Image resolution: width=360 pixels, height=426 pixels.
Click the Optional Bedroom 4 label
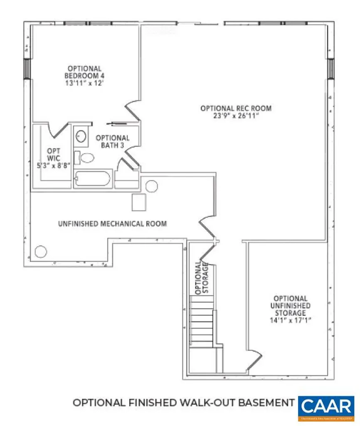click(x=84, y=72)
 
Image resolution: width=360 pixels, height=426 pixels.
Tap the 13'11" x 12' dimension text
click(x=84, y=83)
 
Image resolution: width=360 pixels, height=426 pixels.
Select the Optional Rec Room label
click(x=236, y=108)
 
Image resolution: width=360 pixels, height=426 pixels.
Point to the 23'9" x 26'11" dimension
click(x=236, y=116)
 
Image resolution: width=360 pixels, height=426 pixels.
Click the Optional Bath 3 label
click(x=112, y=141)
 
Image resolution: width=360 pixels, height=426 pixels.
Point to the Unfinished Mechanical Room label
click(x=112, y=224)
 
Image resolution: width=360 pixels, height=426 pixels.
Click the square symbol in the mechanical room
click(x=138, y=202)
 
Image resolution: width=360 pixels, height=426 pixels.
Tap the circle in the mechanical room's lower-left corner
click(x=41, y=251)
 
